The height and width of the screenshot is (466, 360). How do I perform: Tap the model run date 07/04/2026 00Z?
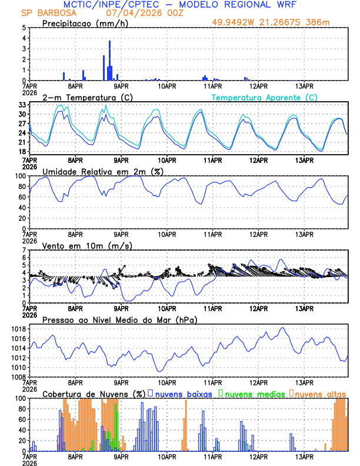[x=144, y=13]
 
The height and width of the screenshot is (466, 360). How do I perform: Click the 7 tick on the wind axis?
[x=24, y=250]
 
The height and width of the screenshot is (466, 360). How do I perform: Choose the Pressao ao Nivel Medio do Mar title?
[x=119, y=319]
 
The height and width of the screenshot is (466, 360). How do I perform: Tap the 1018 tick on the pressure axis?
[x=18, y=329]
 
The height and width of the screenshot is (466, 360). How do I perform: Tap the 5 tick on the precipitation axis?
[x=24, y=28]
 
